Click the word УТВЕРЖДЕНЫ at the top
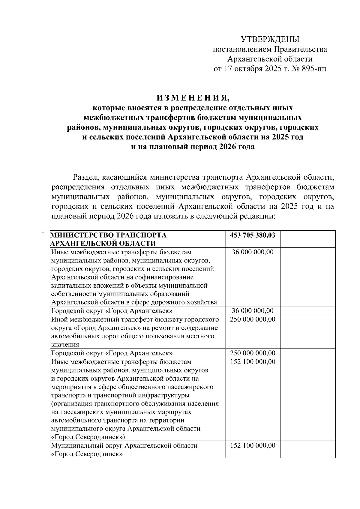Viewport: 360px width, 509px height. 270,39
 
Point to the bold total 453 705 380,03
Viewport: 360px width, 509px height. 253,235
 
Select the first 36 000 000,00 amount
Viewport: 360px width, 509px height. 253,252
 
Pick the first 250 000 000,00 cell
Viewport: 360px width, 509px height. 253,319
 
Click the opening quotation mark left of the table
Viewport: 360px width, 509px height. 43,232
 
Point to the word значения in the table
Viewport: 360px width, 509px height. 65,345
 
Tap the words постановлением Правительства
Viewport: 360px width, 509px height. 270,49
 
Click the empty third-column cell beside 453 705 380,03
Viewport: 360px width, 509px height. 308,239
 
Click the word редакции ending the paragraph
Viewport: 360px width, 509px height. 258,216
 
